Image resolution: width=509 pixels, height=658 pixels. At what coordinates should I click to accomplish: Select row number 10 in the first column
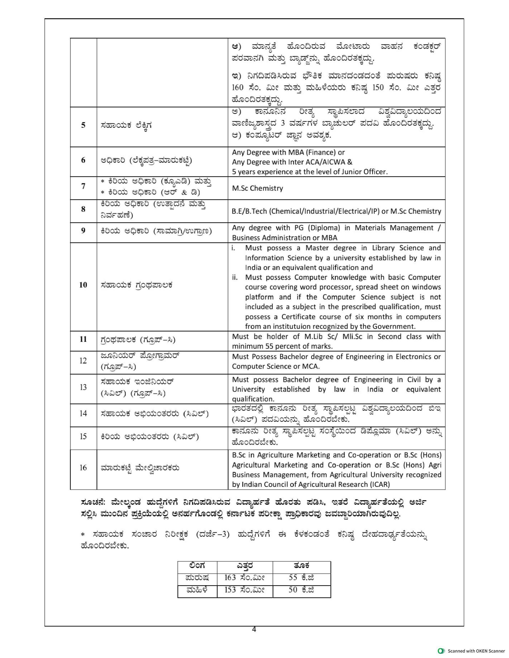click(83, 285)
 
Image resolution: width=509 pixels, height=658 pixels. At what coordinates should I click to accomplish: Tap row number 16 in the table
click(83, 468)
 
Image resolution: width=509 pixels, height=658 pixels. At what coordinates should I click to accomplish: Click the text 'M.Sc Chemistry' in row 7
click(257, 188)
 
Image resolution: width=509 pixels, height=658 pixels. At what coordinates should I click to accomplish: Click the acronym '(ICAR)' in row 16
click(379, 485)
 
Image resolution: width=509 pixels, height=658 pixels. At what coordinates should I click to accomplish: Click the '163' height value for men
click(230, 578)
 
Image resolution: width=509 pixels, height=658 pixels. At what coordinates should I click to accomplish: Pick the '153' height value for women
click(230, 590)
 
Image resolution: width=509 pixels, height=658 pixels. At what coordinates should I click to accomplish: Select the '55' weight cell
click(293, 578)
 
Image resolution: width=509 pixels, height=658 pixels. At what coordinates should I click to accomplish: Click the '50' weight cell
click(293, 590)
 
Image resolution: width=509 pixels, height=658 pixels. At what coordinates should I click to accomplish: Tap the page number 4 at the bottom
click(254, 629)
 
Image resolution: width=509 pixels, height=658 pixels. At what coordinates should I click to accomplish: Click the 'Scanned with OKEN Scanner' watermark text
click(476, 651)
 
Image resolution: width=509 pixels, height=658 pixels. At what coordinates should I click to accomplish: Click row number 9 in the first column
click(83, 231)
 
